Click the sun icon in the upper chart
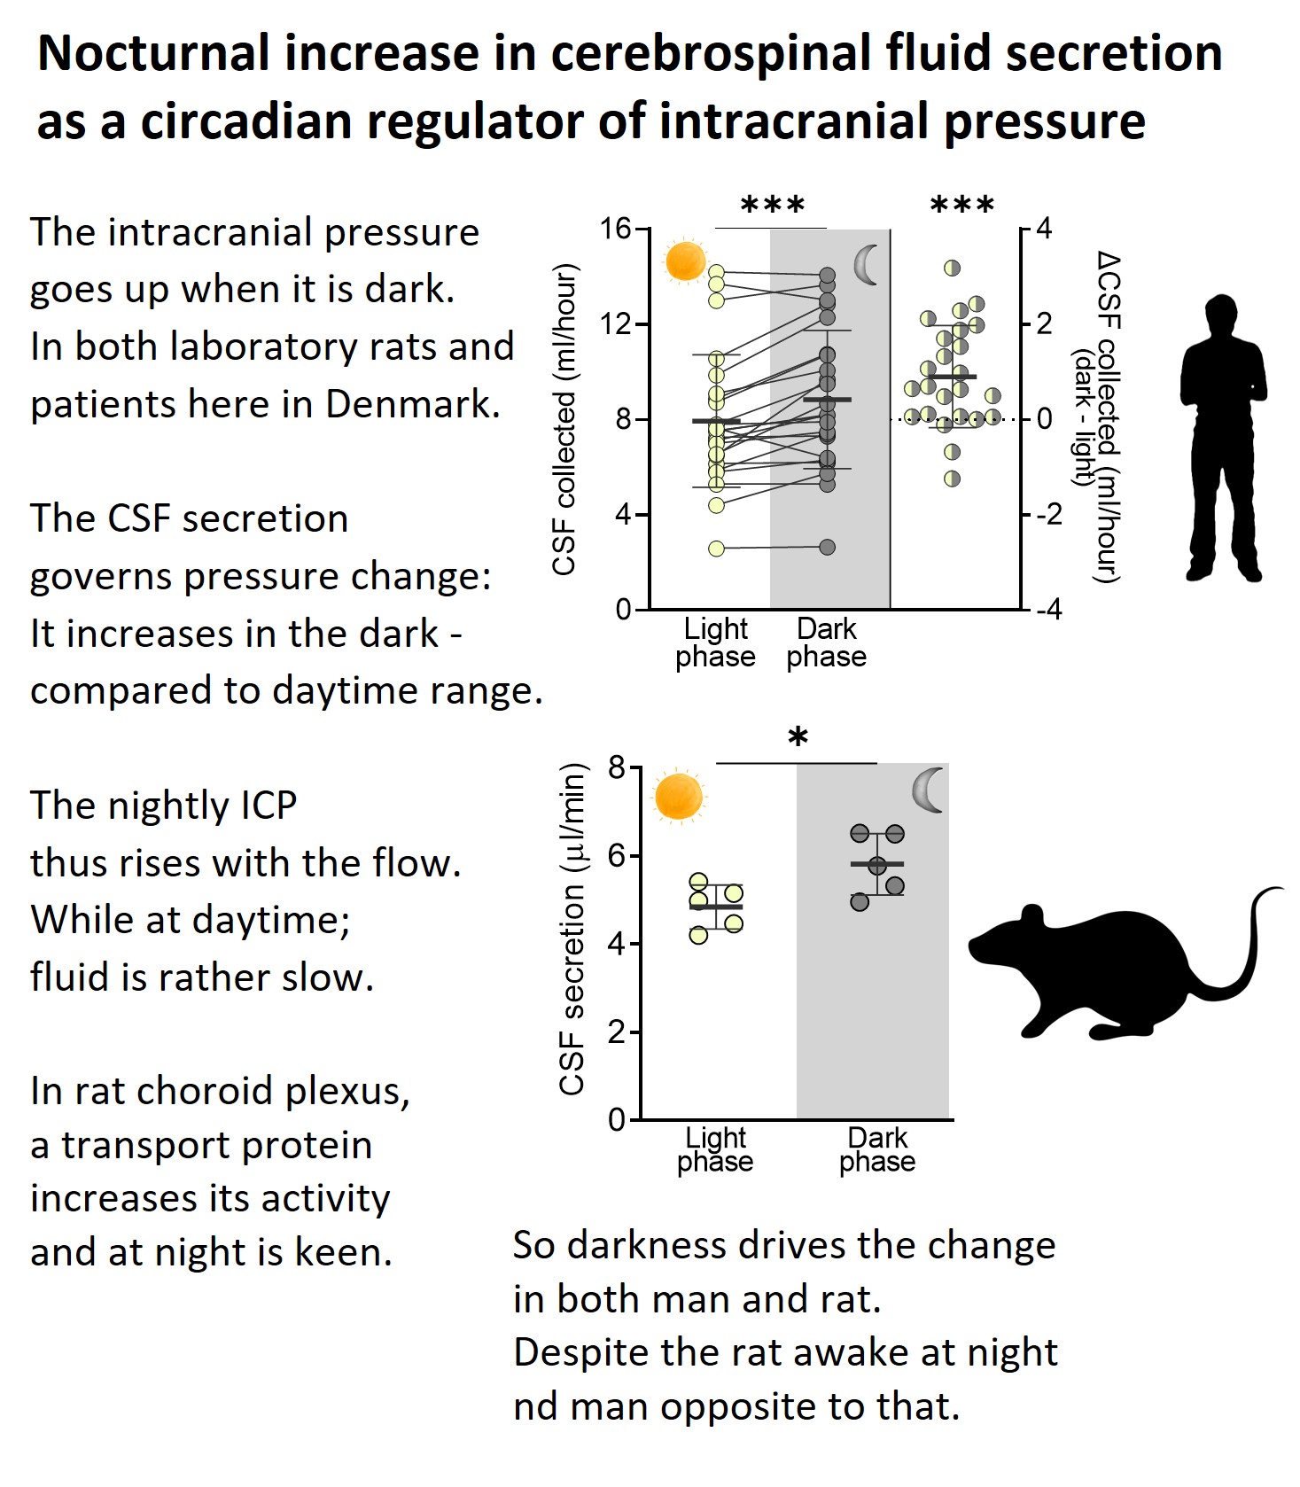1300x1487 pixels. [685, 261]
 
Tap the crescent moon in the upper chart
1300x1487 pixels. [866, 265]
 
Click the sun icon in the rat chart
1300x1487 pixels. [679, 797]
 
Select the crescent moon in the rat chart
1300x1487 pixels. [929, 790]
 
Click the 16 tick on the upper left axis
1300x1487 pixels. [615, 229]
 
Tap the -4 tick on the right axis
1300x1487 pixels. [1048, 610]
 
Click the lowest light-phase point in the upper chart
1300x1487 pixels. [716, 549]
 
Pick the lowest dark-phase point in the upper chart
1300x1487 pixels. [827, 547]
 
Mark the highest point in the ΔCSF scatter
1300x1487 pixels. [953, 268]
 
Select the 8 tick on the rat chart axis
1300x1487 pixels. [617, 767]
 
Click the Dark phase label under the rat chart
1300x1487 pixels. [877, 1150]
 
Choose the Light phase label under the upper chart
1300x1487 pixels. [715, 642]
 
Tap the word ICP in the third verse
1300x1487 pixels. [263, 806]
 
